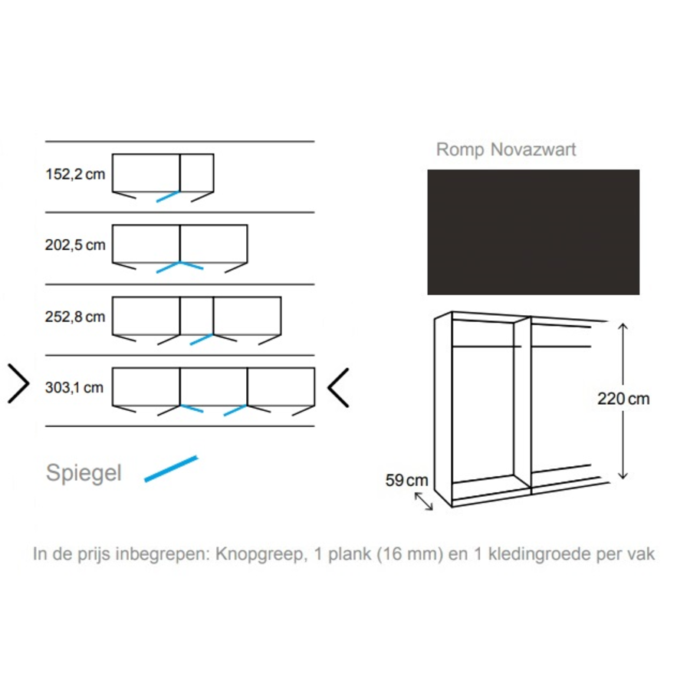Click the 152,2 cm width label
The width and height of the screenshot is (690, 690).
pyautogui.click(x=75, y=174)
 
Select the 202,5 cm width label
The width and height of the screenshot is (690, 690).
pyautogui.click(x=75, y=245)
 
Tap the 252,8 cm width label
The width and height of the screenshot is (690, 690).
pyautogui.click(x=75, y=317)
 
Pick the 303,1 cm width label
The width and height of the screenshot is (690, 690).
pyautogui.click(x=75, y=387)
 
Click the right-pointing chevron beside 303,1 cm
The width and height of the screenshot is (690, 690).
pyautogui.click(x=18, y=384)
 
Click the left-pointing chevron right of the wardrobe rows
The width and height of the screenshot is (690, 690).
pyautogui.click(x=339, y=387)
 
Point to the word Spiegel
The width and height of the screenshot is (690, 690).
pyautogui.click(x=84, y=473)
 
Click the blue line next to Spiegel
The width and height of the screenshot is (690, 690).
pyautogui.click(x=172, y=469)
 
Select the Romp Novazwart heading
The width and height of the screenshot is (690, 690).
pyautogui.click(x=505, y=149)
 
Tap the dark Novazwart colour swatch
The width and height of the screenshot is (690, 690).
pyautogui.click(x=533, y=232)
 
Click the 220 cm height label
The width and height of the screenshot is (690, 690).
pyautogui.click(x=623, y=399)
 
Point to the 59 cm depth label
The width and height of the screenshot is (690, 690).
pyautogui.click(x=406, y=481)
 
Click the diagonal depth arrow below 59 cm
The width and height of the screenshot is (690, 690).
pyautogui.click(x=423, y=501)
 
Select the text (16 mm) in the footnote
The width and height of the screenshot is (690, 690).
pyautogui.click(x=409, y=554)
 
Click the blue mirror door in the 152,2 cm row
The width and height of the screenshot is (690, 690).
pyautogui.click(x=168, y=196)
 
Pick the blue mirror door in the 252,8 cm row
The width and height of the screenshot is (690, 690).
pyautogui.click(x=201, y=339)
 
